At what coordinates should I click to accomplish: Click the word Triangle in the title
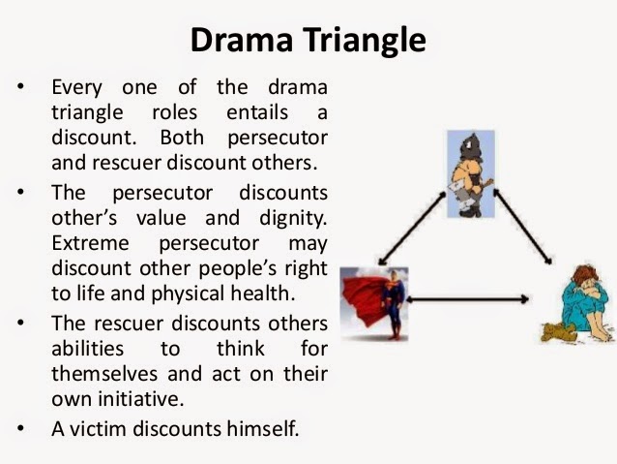366,42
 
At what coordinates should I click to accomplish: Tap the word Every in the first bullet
80,86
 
